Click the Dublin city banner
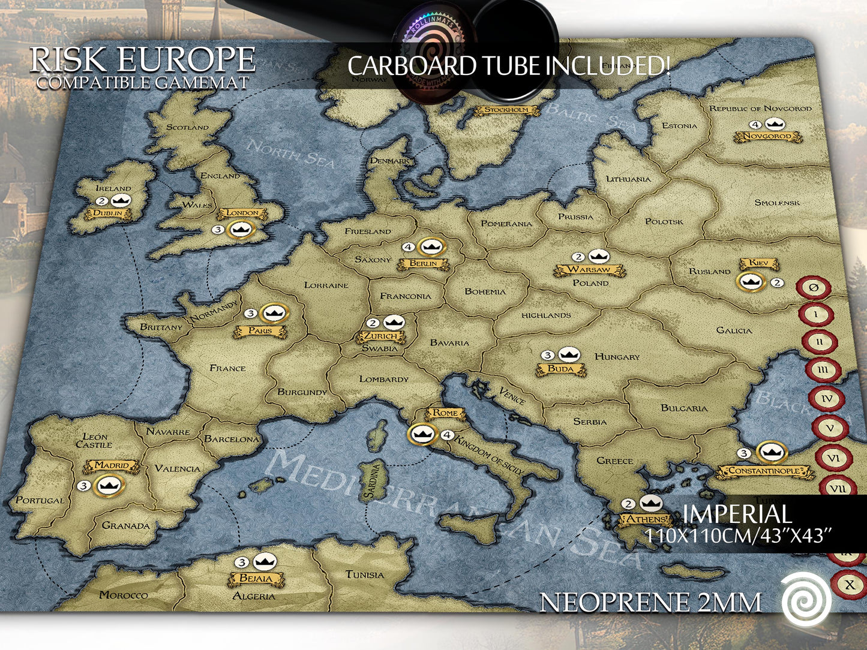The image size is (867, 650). tap(108, 213)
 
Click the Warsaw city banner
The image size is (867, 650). tap(589, 270)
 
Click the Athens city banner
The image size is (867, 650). tap(646, 519)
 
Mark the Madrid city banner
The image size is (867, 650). tap(112, 466)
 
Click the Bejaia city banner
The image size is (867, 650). tap(256, 579)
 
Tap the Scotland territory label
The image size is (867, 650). tap(188, 128)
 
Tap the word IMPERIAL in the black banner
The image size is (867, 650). tap(737, 514)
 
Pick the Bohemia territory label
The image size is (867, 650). tap(485, 292)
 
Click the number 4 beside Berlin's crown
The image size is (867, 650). tap(409, 246)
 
